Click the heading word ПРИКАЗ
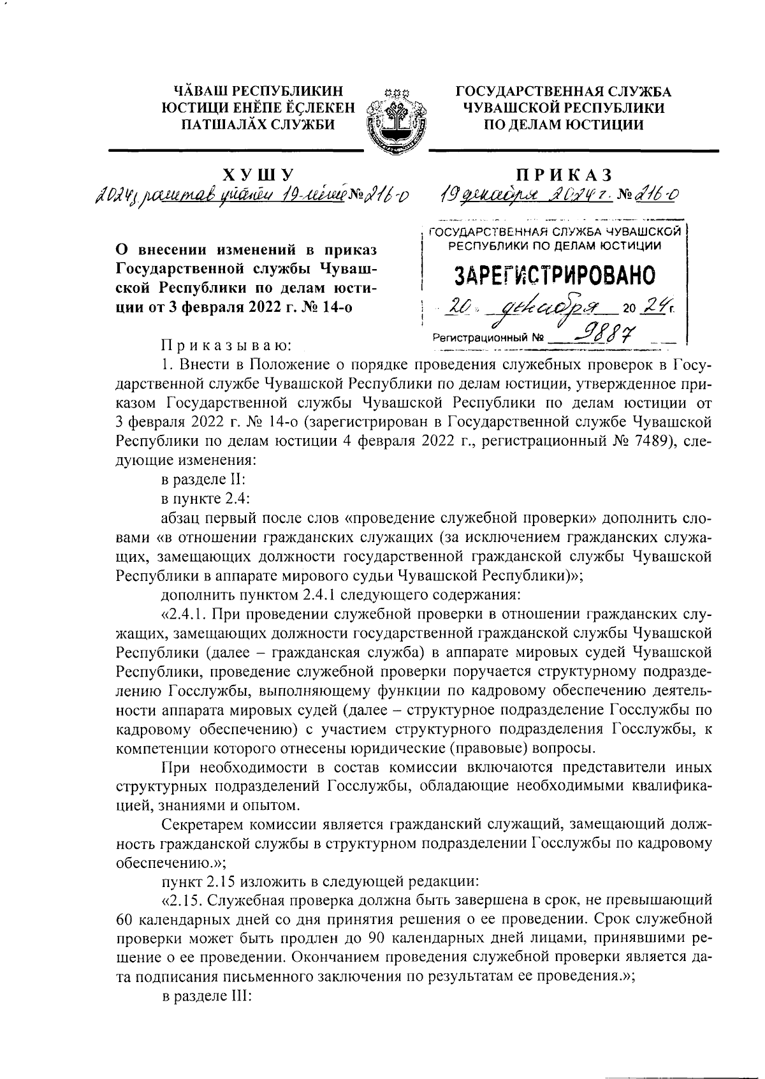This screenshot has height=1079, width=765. pos(566,174)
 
